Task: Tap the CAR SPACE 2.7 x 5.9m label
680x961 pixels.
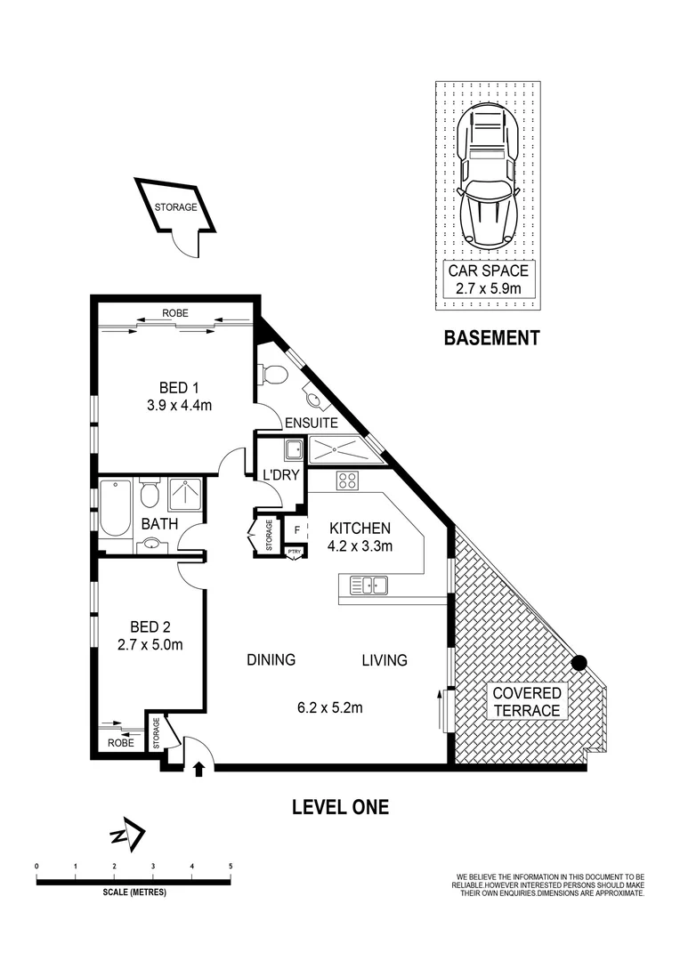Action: click(489, 279)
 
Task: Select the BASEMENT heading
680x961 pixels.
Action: click(491, 338)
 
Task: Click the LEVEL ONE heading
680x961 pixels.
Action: click(341, 807)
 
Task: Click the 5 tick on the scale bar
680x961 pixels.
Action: click(231, 866)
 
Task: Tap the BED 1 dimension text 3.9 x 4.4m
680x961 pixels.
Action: click(179, 405)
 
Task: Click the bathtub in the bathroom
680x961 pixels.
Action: click(115, 508)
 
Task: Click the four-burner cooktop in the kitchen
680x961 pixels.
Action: click(346, 482)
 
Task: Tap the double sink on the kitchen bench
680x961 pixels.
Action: click(368, 585)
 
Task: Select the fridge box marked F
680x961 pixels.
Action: click(295, 530)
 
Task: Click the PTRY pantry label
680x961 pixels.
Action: click(295, 553)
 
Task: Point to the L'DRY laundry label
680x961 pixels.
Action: click(279, 474)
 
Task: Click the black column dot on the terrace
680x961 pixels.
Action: click(579, 662)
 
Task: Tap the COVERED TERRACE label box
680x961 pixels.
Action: click(527, 701)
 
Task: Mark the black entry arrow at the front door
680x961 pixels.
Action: click(198, 768)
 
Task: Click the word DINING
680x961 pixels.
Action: click(271, 660)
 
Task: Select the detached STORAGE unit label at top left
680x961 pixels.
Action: click(175, 208)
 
